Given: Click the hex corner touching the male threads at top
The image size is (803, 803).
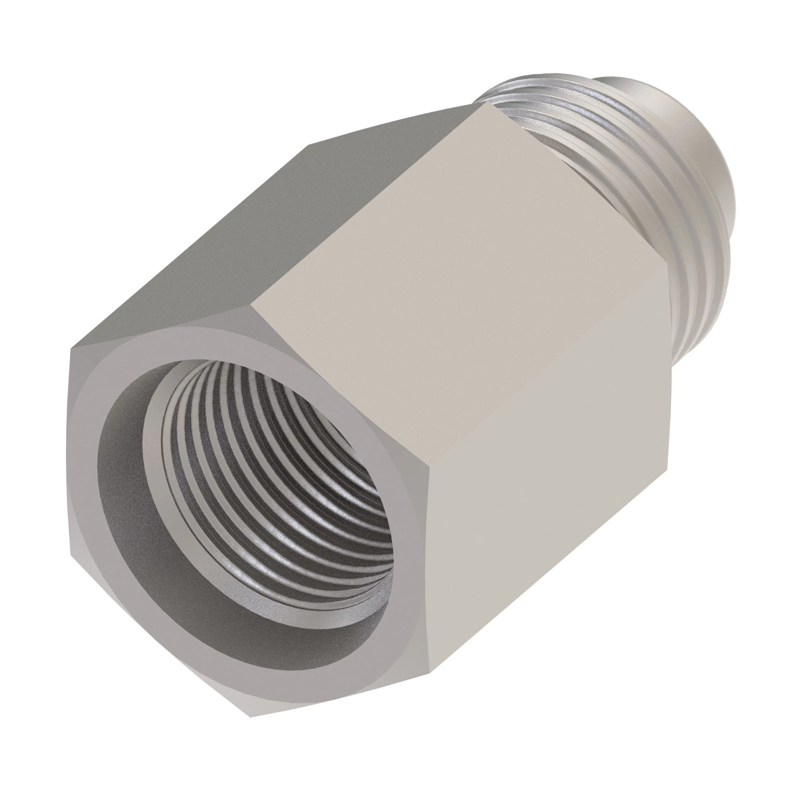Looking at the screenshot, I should click(x=496, y=103).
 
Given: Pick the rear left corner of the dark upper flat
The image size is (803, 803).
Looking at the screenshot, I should click(x=308, y=145).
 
